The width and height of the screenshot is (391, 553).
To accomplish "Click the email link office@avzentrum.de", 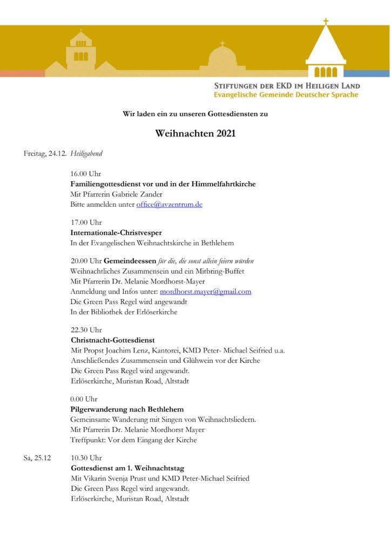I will click(169, 205).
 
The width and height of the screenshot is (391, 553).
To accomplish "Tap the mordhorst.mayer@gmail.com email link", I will click(206, 292).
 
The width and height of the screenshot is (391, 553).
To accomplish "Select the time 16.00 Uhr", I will click(86, 174).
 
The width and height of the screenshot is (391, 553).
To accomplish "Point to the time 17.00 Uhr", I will click(86, 222).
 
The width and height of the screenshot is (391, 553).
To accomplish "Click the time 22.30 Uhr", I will click(86, 330).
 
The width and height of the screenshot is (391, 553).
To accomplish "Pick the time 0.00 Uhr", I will click(84, 399).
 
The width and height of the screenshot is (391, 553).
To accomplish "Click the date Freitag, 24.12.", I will click(45, 153).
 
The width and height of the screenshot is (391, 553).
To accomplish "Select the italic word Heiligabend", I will click(86, 153).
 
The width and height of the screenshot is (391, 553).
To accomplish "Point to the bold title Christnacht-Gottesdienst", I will click(113, 340).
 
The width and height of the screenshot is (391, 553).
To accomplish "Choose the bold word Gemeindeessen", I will click(130, 261).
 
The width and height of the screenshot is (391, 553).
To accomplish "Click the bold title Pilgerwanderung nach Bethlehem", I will click(127, 409).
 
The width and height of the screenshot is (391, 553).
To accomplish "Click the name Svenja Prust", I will click(125, 478).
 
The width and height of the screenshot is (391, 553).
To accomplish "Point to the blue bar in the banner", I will click(367, 73).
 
